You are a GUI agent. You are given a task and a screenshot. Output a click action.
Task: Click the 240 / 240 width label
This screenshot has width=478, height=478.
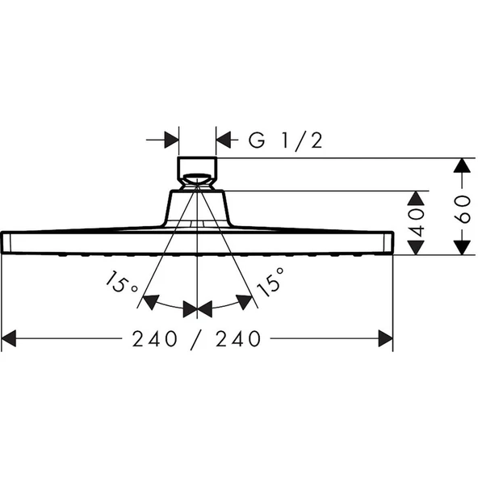(197, 340)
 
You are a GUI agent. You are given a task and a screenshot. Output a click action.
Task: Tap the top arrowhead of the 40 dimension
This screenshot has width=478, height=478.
(415, 198)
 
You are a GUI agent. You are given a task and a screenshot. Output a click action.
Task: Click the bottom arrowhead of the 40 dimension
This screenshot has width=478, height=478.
(415, 247)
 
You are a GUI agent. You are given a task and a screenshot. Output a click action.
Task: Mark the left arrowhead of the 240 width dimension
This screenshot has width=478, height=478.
(10, 340)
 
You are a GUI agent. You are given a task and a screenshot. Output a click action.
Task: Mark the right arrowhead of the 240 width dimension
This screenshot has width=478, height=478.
(385, 340)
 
